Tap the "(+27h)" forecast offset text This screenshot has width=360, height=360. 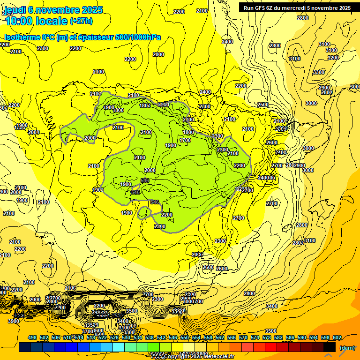coord(81,21)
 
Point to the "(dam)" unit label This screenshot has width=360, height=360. coord(347,347)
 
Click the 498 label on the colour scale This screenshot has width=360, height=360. coord(32,337)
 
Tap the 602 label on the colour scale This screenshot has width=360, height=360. coord(337,337)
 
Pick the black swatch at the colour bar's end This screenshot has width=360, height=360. coord(330,347)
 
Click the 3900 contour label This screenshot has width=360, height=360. coord(14,321)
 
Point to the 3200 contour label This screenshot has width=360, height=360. coord(333,58)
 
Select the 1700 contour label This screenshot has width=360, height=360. coord(185,140)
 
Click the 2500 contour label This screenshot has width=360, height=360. coord(263,105)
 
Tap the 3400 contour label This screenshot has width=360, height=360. coord(272,306)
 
